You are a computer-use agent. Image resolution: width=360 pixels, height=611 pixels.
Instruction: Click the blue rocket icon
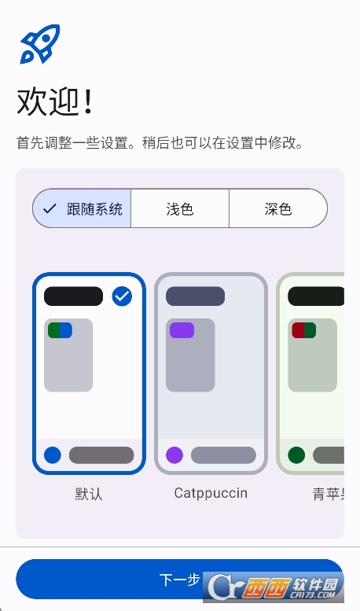pyautogui.click(x=40, y=44)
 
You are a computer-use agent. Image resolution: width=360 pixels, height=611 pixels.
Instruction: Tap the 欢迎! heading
pyautogui.click(x=55, y=101)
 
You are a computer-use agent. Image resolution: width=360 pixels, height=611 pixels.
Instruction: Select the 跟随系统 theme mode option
pyautogui.click(x=82, y=208)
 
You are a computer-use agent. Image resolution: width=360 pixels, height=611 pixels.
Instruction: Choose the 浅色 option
pyautogui.click(x=180, y=209)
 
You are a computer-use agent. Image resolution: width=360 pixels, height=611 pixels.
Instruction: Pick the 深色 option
pyautogui.click(x=278, y=209)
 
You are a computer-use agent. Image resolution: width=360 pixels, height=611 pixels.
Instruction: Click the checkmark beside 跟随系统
pyautogui.click(x=50, y=209)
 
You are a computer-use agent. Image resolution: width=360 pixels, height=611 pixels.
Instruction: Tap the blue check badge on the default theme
pyautogui.click(x=122, y=296)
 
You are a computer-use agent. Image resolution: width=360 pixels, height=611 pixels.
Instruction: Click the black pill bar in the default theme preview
pyautogui.click(x=73, y=296)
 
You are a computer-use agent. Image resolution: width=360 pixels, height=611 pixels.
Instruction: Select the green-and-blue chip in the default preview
pyautogui.click(x=60, y=330)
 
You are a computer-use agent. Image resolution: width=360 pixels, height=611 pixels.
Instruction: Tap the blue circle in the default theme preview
pyautogui.click(x=53, y=455)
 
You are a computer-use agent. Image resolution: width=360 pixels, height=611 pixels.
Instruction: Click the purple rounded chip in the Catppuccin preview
pyautogui.click(x=182, y=330)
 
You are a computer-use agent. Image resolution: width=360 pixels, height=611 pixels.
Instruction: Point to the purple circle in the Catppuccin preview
pyautogui.click(x=174, y=455)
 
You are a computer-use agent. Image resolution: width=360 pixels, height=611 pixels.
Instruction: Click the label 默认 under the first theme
pyautogui.click(x=89, y=494)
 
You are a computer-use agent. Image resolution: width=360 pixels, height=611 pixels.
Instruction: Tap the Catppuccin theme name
pyautogui.click(x=211, y=493)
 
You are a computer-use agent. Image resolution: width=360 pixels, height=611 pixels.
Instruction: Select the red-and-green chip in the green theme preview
pyautogui.click(x=304, y=330)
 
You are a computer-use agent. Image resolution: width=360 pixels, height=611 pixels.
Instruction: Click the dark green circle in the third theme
pyautogui.click(x=296, y=455)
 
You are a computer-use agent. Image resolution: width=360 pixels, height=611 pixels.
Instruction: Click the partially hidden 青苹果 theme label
pyautogui.click(x=328, y=494)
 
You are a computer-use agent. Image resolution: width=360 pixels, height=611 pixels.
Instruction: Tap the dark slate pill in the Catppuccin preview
pyautogui.click(x=195, y=296)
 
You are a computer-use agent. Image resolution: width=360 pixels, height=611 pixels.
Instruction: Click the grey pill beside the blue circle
pyautogui.click(x=101, y=455)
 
